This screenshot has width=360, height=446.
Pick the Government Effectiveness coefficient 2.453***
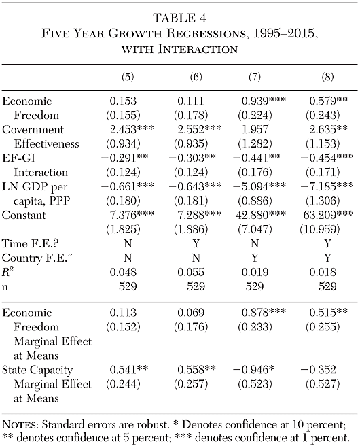[131, 129]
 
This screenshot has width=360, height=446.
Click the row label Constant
[24, 215]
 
